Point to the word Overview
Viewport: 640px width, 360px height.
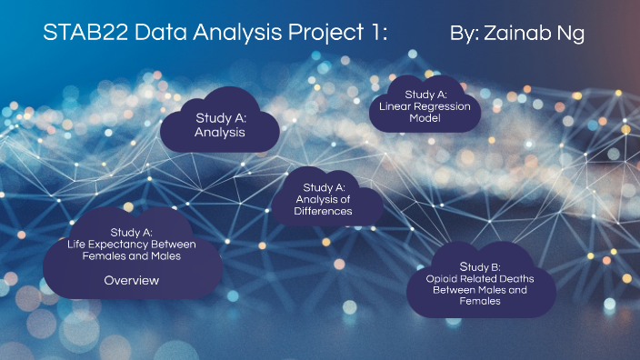click(131, 280)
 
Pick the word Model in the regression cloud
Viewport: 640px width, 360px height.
click(424, 117)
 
